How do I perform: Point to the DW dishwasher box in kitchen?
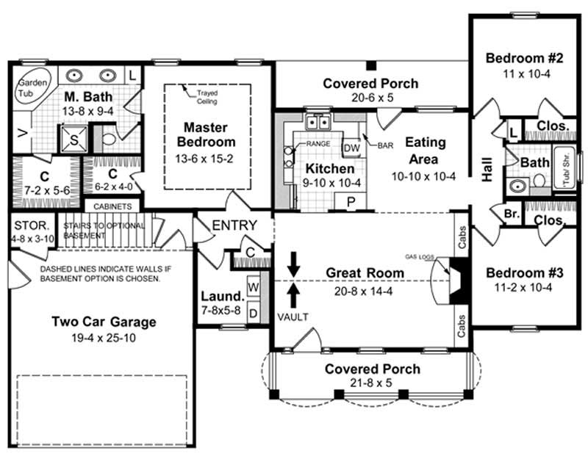coord(351,148)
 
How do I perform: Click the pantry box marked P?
coord(340,202)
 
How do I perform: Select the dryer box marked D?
coord(253,313)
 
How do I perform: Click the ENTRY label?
coord(234,225)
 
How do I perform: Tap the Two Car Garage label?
coord(103,322)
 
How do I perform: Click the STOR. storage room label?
coord(30,224)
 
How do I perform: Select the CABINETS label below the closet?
coord(112,207)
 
